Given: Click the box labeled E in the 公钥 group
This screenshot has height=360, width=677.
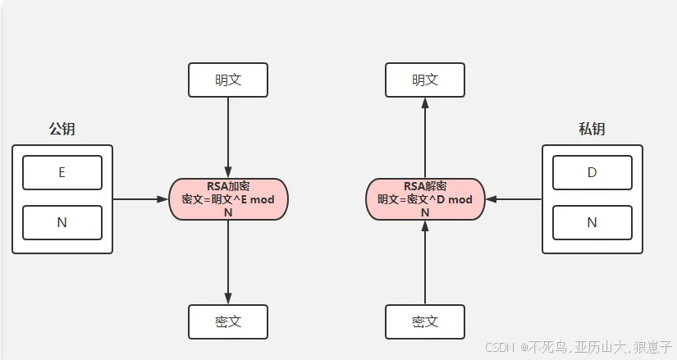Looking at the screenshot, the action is point(62,173).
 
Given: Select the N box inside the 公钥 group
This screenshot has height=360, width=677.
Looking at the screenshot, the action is point(62,223).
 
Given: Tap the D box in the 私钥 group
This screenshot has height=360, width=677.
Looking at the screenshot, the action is point(592,173).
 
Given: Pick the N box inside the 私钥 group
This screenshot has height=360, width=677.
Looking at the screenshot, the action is point(592,223).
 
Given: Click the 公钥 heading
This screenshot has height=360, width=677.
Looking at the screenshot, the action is point(62,129).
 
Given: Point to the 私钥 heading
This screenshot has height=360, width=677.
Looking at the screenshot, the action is point(592,129).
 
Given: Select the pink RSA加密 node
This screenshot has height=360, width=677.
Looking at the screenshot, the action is point(228,199).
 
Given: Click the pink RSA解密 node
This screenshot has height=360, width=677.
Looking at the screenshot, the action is point(425,199).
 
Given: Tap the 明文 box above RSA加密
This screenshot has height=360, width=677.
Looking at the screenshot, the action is point(228,80).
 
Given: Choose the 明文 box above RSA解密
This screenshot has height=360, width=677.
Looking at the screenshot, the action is point(425,80).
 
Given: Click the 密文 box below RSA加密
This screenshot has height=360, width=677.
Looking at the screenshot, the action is point(228,322).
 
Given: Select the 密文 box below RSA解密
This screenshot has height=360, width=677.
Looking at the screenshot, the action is point(425,322).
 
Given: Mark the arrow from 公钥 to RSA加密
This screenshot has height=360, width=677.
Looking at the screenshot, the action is point(140,199).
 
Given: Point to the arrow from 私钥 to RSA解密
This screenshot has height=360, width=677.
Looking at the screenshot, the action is point(514,199).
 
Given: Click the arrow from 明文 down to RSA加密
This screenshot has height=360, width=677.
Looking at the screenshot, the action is point(228,138).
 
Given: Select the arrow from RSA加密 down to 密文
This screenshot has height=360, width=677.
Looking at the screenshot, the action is point(228,262).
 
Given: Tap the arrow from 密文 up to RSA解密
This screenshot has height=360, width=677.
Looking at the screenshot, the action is point(425,262).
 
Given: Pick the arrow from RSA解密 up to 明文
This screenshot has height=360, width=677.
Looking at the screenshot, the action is point(425,138).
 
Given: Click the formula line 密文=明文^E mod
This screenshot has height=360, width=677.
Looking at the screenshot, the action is point(228,199).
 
